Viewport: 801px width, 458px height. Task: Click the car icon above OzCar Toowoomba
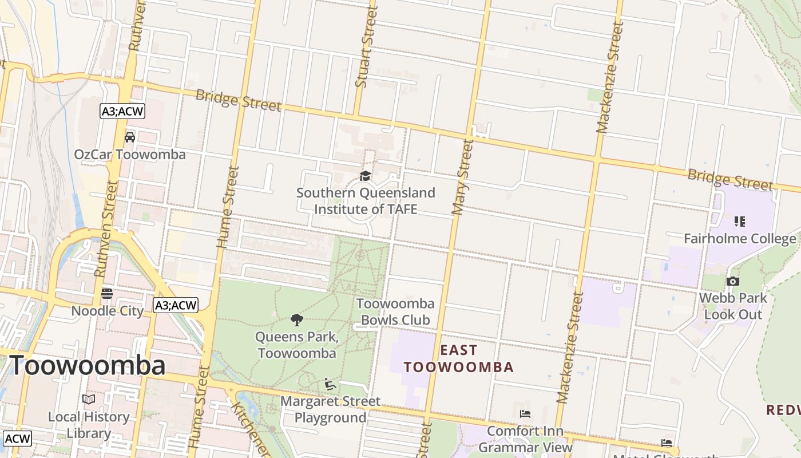(x=130, y=137)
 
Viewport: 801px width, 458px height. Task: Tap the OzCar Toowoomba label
(x=130, y=155)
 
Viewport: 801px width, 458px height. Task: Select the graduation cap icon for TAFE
(x=365, y=176)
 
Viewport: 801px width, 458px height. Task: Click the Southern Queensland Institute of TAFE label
(x=366, y=201)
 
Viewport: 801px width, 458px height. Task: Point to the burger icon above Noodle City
(x=107, y=294)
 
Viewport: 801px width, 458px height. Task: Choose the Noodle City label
(x=107, y=311)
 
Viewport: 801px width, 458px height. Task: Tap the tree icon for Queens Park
(x=296, y=320)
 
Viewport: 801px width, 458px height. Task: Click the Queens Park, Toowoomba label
(x=297, y=345)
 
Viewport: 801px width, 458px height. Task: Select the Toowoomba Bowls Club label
(x=395, y=311)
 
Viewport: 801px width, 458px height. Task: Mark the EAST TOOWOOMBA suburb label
(x=459, y=358)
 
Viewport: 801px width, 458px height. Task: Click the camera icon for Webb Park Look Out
(x=732, y=281)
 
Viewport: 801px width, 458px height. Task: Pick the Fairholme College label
(x=740, y=238)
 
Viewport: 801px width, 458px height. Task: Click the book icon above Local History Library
(x=89, y=399)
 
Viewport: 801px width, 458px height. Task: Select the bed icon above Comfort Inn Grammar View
(x=525, y=414)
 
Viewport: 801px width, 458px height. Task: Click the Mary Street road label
(x=463, y=177)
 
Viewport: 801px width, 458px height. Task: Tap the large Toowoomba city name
(x=88, y=365)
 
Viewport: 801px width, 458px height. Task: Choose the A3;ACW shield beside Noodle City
(x=176, y=305)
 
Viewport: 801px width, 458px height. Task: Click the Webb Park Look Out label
(x=733, y=306)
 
